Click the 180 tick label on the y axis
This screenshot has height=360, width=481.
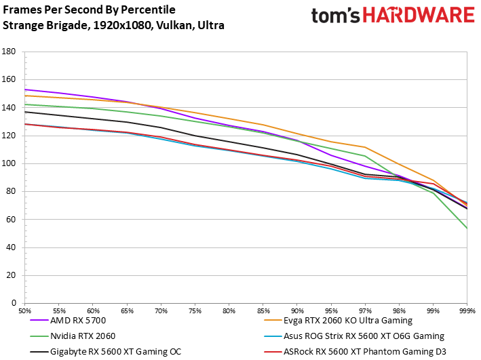click(9, 52)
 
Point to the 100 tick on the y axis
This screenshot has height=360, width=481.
click(9, 163)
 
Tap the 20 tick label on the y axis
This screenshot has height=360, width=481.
click(11, 275)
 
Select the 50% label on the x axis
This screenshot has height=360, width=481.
click(25, 311)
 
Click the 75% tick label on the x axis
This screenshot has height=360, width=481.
click(195, 311)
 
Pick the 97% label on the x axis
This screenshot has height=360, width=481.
click(365, 311)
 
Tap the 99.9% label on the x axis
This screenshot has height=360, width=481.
click(467, 311)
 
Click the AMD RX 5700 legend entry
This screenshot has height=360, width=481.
click(68, 321)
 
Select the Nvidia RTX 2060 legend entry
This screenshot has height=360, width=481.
click(73, 336)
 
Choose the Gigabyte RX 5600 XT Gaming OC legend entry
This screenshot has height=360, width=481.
click(106, 352)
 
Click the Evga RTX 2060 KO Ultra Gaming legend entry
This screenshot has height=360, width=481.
click(338, 321)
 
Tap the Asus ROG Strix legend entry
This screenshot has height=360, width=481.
click(354, 336)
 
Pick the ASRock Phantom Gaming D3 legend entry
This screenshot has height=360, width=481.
click(355, 352)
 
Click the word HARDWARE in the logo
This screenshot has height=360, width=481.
click(419, 16)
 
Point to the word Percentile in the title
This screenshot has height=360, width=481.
click(148, 9)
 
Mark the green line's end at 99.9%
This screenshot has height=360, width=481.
click(467, 228)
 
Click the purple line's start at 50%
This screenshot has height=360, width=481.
click(25, 89)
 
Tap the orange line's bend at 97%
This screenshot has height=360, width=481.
click(365, 147)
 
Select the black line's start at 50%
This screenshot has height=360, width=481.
click(25, 112)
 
